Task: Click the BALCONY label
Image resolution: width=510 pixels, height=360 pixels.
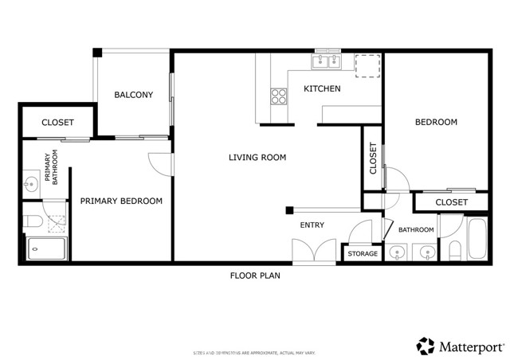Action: (x=133, y=95)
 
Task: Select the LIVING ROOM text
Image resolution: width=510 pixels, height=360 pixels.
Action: (x=257, y=158)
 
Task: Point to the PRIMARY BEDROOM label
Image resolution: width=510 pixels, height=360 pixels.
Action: (x=121, y=202)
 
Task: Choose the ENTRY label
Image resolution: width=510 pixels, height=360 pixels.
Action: (x=312, y=225)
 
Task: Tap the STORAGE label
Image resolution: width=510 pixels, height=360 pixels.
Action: (x=363, y=253)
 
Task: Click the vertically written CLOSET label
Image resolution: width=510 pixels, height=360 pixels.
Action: (x=373, y=158)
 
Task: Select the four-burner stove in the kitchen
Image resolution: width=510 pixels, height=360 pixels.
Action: (x=279, y=96)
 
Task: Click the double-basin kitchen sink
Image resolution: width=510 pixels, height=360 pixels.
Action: (x=327, y=61)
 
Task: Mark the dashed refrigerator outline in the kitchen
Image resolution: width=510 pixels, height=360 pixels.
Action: (x=367, y=66)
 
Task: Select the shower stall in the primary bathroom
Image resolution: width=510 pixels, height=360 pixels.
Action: (x=46, y=249)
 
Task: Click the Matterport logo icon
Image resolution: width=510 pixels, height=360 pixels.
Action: (x=425, y=346)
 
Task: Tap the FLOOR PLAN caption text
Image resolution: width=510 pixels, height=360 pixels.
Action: (x=255, y=276)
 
